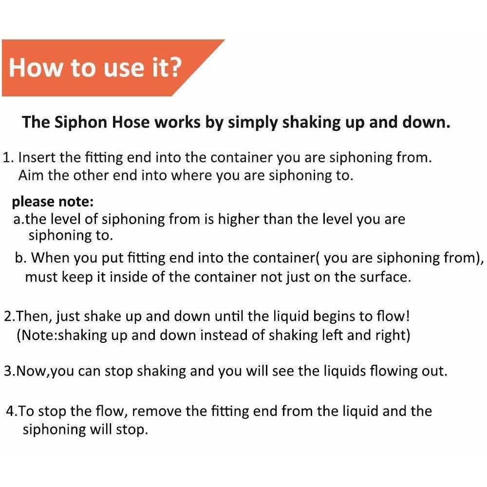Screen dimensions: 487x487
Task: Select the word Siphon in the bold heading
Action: (81, 122)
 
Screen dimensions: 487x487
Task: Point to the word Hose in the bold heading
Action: (131, 122)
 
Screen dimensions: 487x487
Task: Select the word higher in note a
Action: (238, 219)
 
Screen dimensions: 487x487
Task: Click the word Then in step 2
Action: (31, 317)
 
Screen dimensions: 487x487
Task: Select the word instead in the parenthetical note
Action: (224, 336)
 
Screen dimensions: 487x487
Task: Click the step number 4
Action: (10, 412)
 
